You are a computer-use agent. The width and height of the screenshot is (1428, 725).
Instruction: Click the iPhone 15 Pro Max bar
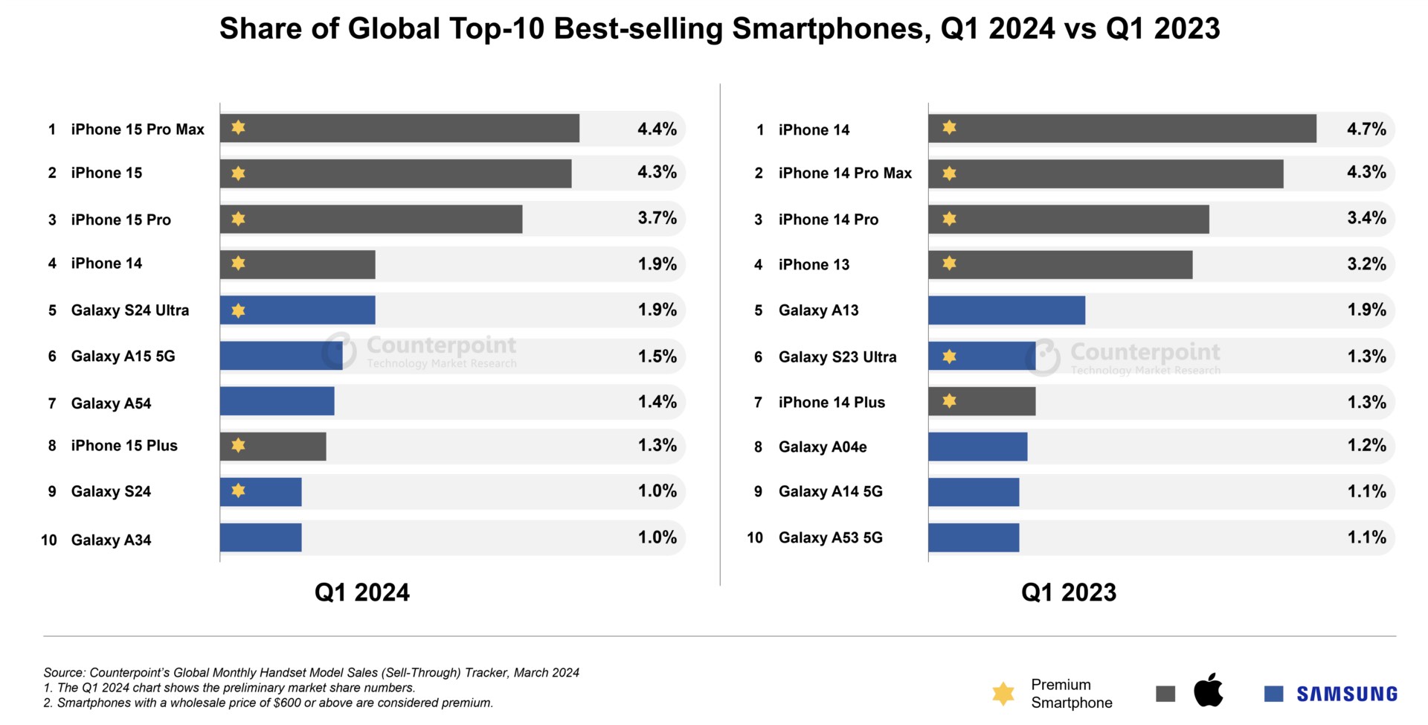[x=399, y=128]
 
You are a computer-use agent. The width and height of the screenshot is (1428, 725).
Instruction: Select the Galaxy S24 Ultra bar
[x=297, y=310]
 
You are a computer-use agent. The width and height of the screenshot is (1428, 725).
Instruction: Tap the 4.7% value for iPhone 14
[x=1366, y=129]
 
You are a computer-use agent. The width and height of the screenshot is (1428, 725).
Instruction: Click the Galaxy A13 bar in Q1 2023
[x=1006, y=310]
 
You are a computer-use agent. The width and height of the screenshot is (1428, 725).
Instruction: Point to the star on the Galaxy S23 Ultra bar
[x=949, y=357]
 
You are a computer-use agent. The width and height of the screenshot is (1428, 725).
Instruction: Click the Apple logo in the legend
[x=1208, y=691]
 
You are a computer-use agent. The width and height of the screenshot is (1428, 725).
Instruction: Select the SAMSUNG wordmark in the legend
[x=1347, y=694]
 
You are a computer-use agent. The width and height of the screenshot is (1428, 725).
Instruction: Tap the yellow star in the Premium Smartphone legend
[x=1003, y=694]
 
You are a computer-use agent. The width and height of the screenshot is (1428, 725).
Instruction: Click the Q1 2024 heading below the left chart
[x=361, y=593]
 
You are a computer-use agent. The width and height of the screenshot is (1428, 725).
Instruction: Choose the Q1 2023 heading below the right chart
[x=1068, y=593]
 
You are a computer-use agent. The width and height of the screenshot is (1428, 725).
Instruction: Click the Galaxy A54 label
[x=111, y=403]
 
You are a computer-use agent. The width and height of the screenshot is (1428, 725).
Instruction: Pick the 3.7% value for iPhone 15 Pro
[x=657, y=218]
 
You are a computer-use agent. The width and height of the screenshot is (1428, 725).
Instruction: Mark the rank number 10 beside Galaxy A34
[x=49, y=540]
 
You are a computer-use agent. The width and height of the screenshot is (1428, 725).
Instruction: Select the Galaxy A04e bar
[x=977, y=447]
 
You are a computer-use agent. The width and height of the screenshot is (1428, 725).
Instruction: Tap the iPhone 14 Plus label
[x=832, y=403]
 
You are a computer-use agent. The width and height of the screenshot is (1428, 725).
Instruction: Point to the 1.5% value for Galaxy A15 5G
[x=657, y=357]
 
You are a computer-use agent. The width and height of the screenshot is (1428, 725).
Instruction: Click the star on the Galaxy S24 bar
[x=238, y=491]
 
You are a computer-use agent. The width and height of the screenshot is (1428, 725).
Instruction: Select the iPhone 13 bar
[x=1060, y=265]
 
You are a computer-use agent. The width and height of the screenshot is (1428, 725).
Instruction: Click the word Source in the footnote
[x=63, y=673]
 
